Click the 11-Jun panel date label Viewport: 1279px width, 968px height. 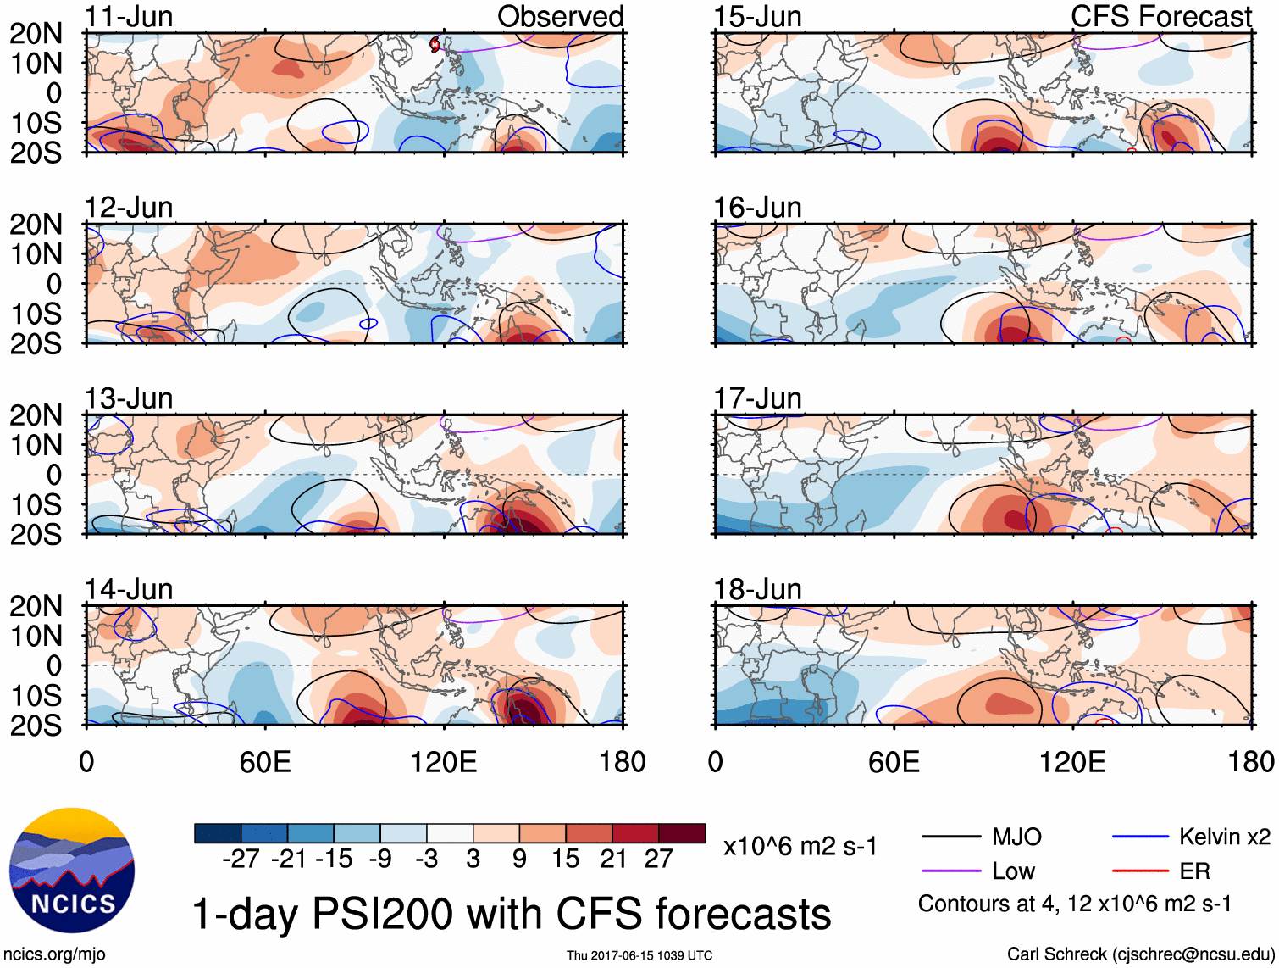pyautogui.click(x=129, y=16)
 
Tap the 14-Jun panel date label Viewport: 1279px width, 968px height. pyautogui.click(x=129, y=588)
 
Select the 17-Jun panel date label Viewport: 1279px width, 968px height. pyautogui.click(x=757, y=398)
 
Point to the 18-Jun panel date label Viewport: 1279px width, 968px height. pyautogui.click(x=757, y=588)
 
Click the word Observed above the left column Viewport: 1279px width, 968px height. pyautogui.click(x=560, y=16)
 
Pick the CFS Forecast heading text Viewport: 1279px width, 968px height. pyautogui.click(x=1160, y=16)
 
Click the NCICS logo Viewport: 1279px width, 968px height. pyautogui.click(x=72, y=871)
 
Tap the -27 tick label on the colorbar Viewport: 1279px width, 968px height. pyautogui.click(x=241, y=859)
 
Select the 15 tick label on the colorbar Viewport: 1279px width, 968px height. pyautogui.click(x=565, y=859)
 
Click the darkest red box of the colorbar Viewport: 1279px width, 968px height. pyautogui.click(x=682, y=833)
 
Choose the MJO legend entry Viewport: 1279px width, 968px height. pyautogui.click(x=1016, y=837)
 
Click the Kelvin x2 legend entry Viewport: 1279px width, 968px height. pyautogui.click(x=1224, y=837)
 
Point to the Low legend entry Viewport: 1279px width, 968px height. pyautogui.click(x=1013, y=871)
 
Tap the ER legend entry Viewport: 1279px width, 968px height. pyautogui.click(x=1194, y=871)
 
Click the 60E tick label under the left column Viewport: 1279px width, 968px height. pyautogui.click(x=265, y=761)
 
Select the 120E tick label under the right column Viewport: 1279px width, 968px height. pyautogui.click(x=1072, y=761)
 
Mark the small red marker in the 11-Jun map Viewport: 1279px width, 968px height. pyautogui.click(x=435, y=44)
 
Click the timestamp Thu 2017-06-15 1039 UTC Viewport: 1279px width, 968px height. pyautogui.click(x=639, y=955)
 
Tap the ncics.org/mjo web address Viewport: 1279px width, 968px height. pyautogui.click(x=55, y=954)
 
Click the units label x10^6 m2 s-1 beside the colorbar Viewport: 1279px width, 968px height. pyautogui.click(x=800, y=846)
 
